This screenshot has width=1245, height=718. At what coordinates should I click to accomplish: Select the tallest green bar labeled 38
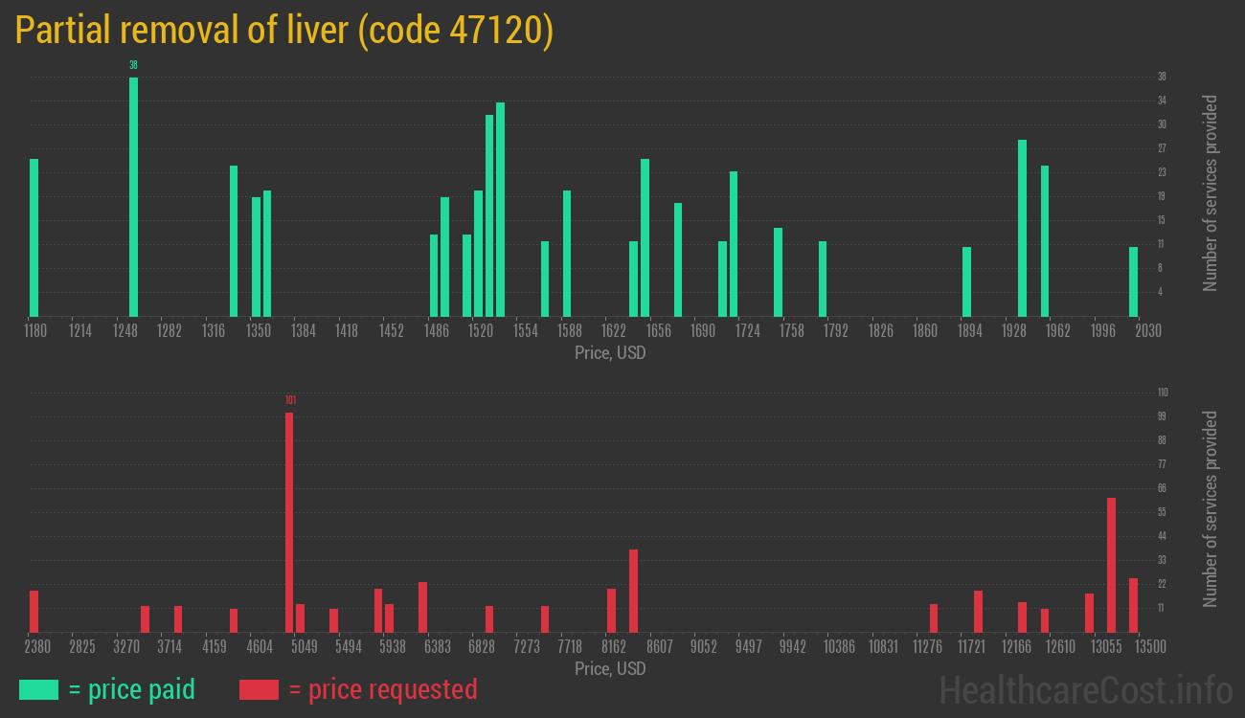(133, 196)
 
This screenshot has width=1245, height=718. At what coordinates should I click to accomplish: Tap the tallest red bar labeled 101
(289, 522)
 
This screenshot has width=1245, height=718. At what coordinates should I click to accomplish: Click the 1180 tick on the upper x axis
(34, 330)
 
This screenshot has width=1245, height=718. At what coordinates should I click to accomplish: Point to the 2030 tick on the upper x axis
(1148, 330)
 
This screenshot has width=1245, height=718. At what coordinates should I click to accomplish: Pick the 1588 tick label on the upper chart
(570, 330)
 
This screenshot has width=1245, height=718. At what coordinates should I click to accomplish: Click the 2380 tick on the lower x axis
(37, 646)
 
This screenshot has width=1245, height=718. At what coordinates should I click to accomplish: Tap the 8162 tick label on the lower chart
(614, 646)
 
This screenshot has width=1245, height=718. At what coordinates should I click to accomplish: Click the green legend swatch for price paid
(38, 689)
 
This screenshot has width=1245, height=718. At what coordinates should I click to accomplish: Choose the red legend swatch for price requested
(259, 689)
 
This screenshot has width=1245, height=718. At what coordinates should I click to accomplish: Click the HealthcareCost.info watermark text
(1085, 689)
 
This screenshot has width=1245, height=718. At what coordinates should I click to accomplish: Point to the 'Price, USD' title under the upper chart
(610, 353)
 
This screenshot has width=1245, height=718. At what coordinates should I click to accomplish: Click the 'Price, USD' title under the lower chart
(610, 668)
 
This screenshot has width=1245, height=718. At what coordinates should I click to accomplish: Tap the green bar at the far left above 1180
(34, 237)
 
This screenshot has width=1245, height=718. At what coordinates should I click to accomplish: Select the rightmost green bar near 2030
(1133, 281)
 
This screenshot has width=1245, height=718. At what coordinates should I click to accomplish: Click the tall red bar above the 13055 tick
(1111, 565)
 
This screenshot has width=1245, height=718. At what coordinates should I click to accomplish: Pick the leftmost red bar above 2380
(34, 611)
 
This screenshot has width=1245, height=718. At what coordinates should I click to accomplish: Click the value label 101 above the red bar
(290, 400)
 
